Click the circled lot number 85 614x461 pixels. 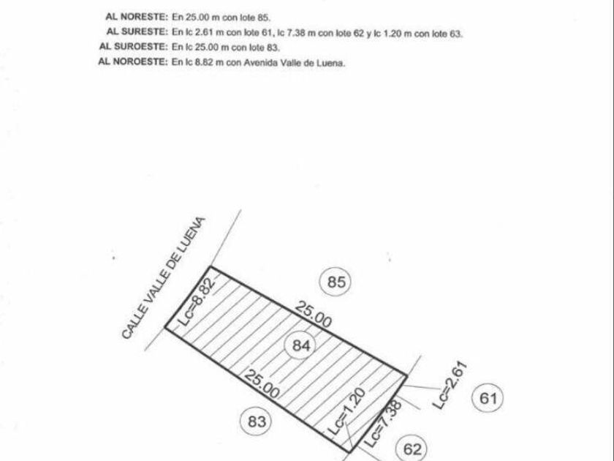click(336, 282)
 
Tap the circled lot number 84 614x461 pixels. click(300, 345)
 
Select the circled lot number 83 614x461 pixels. click(257, 421)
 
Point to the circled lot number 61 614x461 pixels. click(488, 398)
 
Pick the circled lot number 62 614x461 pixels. click(412, 449)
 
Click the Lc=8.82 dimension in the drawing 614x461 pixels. click(197, 302)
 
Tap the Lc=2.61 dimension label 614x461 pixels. click(450, 386)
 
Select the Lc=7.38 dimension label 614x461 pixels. click(383, 424)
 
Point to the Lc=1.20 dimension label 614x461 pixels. click(346, 411)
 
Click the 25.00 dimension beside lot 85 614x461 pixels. click(314, 314)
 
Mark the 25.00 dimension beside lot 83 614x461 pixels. click(262, 383)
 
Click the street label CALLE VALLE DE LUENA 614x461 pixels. click(163, 278)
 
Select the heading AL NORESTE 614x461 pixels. click(137, 17)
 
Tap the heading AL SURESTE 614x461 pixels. click(137, 31)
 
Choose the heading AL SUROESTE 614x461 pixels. click(134, 46)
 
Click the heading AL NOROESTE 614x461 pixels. click(133, 61)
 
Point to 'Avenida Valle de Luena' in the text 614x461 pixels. click(295, 63)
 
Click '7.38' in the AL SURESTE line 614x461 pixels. click(296, 33)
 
